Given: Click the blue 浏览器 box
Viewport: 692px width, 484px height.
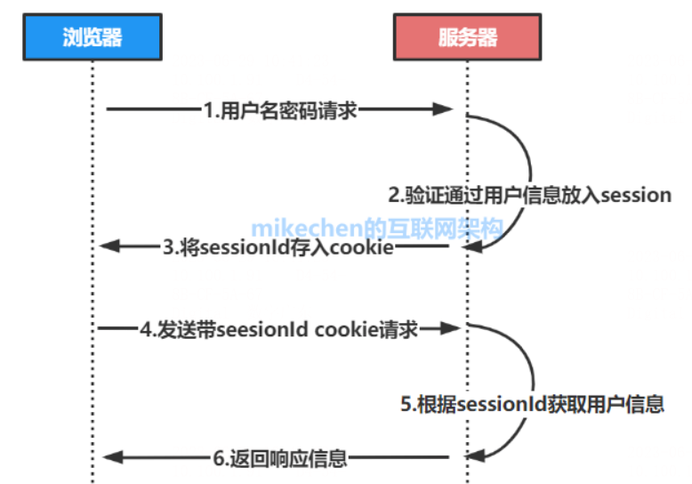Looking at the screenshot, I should tap(92, 37).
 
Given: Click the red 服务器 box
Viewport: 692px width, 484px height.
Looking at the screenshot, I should tap(467, 37).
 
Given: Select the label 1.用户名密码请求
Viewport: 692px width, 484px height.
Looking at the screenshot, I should tap(280, 109).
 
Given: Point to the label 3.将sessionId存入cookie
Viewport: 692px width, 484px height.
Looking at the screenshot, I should tap(278, 247).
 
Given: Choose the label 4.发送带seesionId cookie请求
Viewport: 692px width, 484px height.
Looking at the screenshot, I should tap(278, 329).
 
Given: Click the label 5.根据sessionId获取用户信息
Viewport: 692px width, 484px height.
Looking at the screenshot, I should tap(531, 404).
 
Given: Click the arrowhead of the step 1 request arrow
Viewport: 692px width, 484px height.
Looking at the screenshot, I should tap(449, 109).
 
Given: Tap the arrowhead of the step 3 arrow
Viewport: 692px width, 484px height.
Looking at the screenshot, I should tap(110, 246).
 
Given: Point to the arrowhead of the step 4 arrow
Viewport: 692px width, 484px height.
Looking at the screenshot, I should tap(449, 329).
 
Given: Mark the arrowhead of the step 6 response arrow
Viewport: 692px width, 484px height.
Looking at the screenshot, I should tap(110, 457).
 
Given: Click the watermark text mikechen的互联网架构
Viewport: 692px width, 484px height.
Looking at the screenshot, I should tap(377, 227).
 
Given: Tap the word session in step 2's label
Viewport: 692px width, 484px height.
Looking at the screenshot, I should tap(636, 195).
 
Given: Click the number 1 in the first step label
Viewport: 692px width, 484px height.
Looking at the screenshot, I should tap(207, 109).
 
